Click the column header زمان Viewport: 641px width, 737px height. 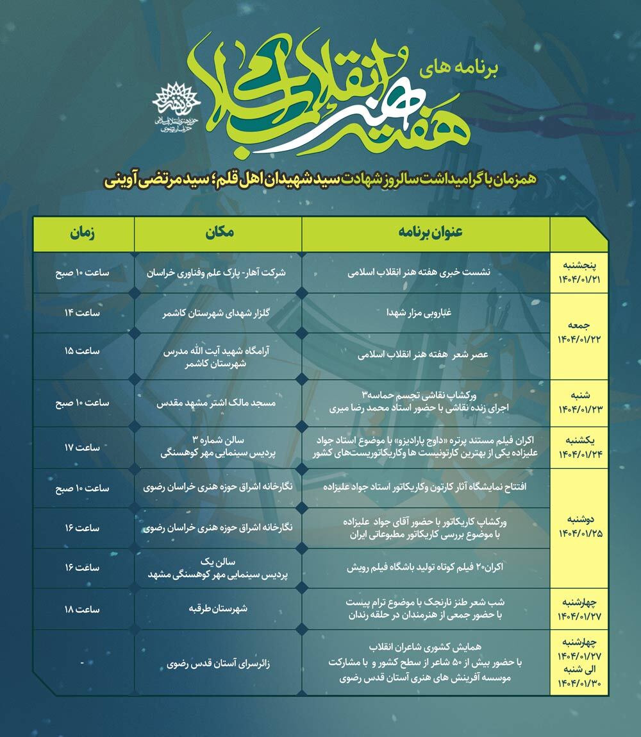pos(83,234)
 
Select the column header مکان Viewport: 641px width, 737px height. pos(217,234)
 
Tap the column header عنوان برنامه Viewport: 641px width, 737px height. pos(426,234)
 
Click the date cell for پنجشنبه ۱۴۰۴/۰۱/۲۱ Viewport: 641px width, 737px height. pos(579,273)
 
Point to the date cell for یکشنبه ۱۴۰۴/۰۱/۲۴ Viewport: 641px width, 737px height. pos(579,448)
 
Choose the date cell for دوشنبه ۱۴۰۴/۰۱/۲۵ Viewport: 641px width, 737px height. pos(579,528)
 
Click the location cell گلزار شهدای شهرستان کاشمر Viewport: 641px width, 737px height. pos(217,314)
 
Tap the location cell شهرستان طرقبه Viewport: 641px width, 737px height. pos(217,609)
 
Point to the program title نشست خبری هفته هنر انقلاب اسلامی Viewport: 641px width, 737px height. pos(426,273)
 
